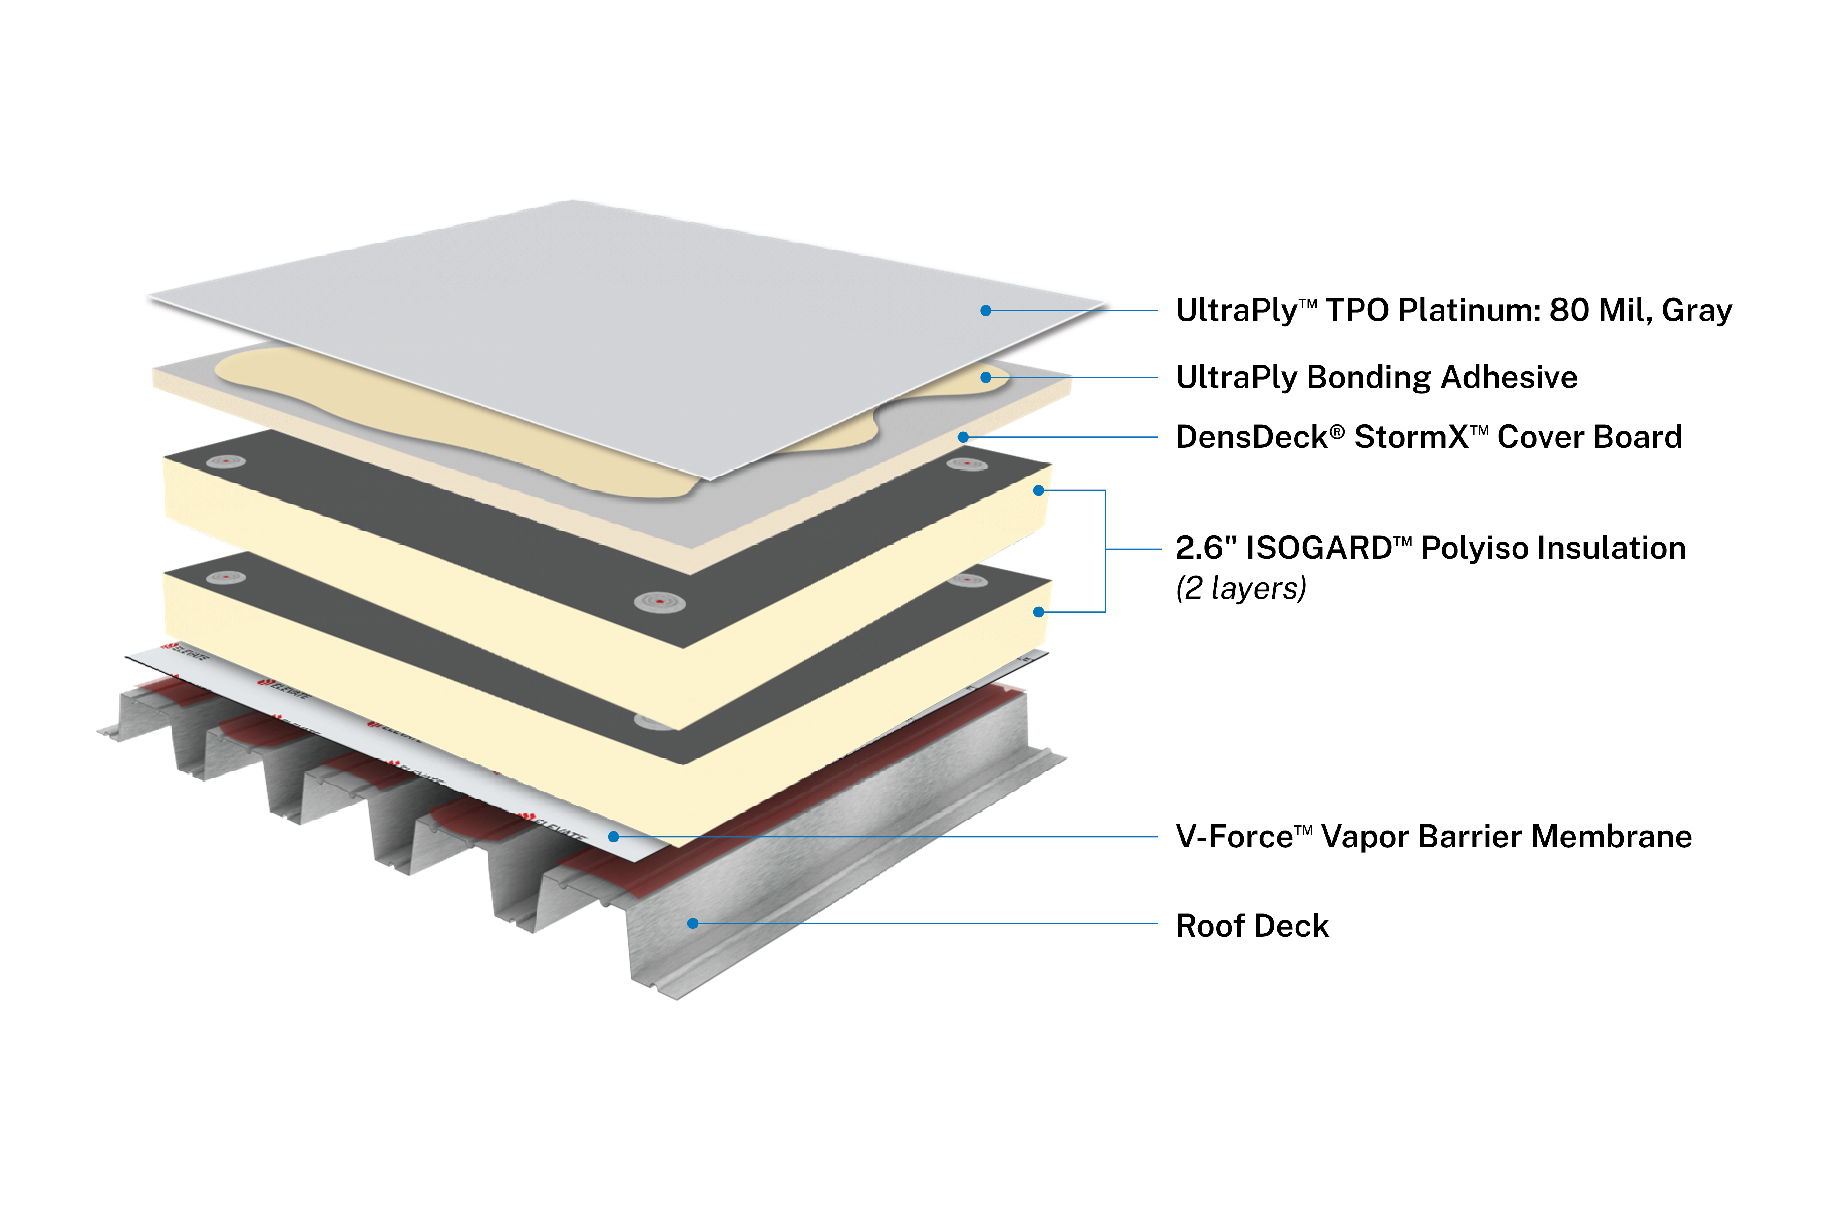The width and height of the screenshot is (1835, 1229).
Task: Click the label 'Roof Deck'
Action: (1252, 926)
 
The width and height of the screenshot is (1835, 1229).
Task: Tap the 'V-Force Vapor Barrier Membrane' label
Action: (1433, 836)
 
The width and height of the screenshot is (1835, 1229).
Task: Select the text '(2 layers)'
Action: (1240, 588)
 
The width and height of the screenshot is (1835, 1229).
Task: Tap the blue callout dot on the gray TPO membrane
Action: (986, 310)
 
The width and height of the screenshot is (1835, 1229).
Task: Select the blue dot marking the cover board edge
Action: (963, 437)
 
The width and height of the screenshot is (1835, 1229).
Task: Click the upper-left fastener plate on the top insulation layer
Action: (226, 461)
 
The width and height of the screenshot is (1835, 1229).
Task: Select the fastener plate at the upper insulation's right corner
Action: (967, 464)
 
